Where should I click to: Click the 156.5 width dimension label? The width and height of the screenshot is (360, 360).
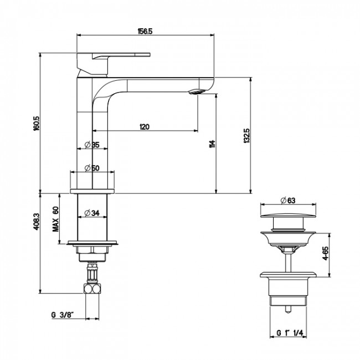(x=146, y=30)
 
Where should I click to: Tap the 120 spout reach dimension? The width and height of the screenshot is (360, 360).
(x=145, y=126)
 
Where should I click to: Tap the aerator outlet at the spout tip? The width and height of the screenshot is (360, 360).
(x=198, y=91)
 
